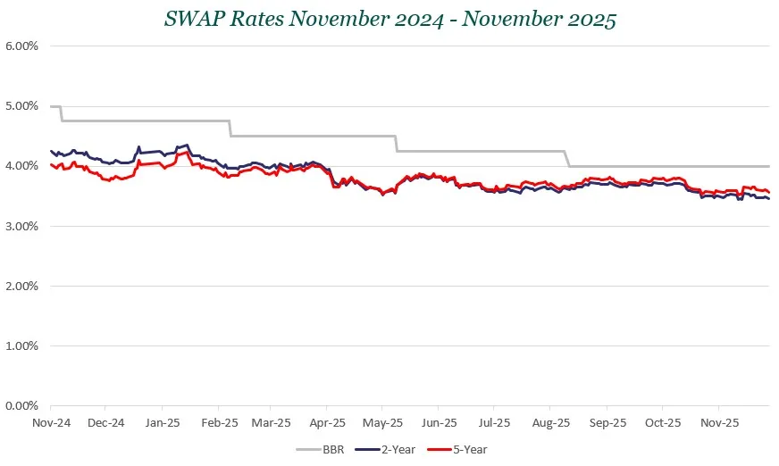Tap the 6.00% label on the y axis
[x=21, y=46]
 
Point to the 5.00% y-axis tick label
[x=21, y=105]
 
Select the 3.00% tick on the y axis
[x=21, y=226]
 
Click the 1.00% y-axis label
[x=21, y=345]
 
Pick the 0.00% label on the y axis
[x=21, y=405]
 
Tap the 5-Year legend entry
[x=457, y=450]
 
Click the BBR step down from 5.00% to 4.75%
[x=61, y=113]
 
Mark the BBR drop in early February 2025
[x=230, y=128]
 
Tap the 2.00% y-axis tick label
[x=21, y=286]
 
